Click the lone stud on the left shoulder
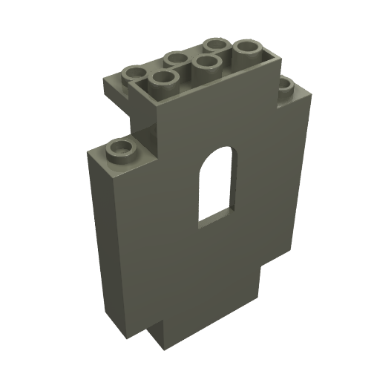click(x=119, y=151)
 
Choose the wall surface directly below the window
click(x=215, y=260)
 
